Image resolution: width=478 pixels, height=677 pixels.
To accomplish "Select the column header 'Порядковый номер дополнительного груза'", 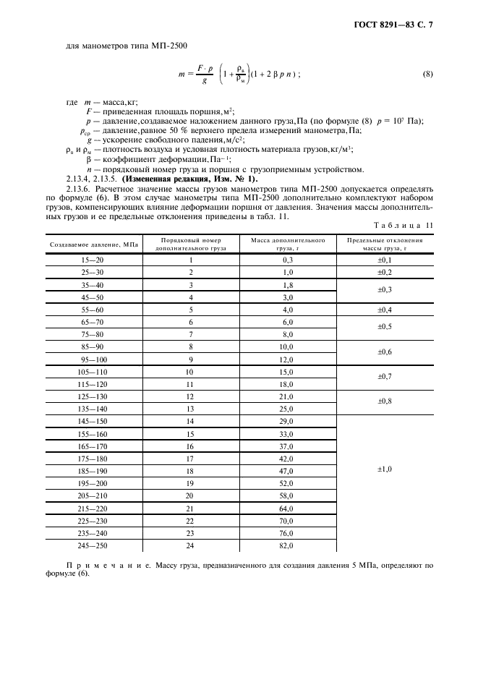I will [191, 244].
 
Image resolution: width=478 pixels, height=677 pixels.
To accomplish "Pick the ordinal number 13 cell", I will [191, 409].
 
